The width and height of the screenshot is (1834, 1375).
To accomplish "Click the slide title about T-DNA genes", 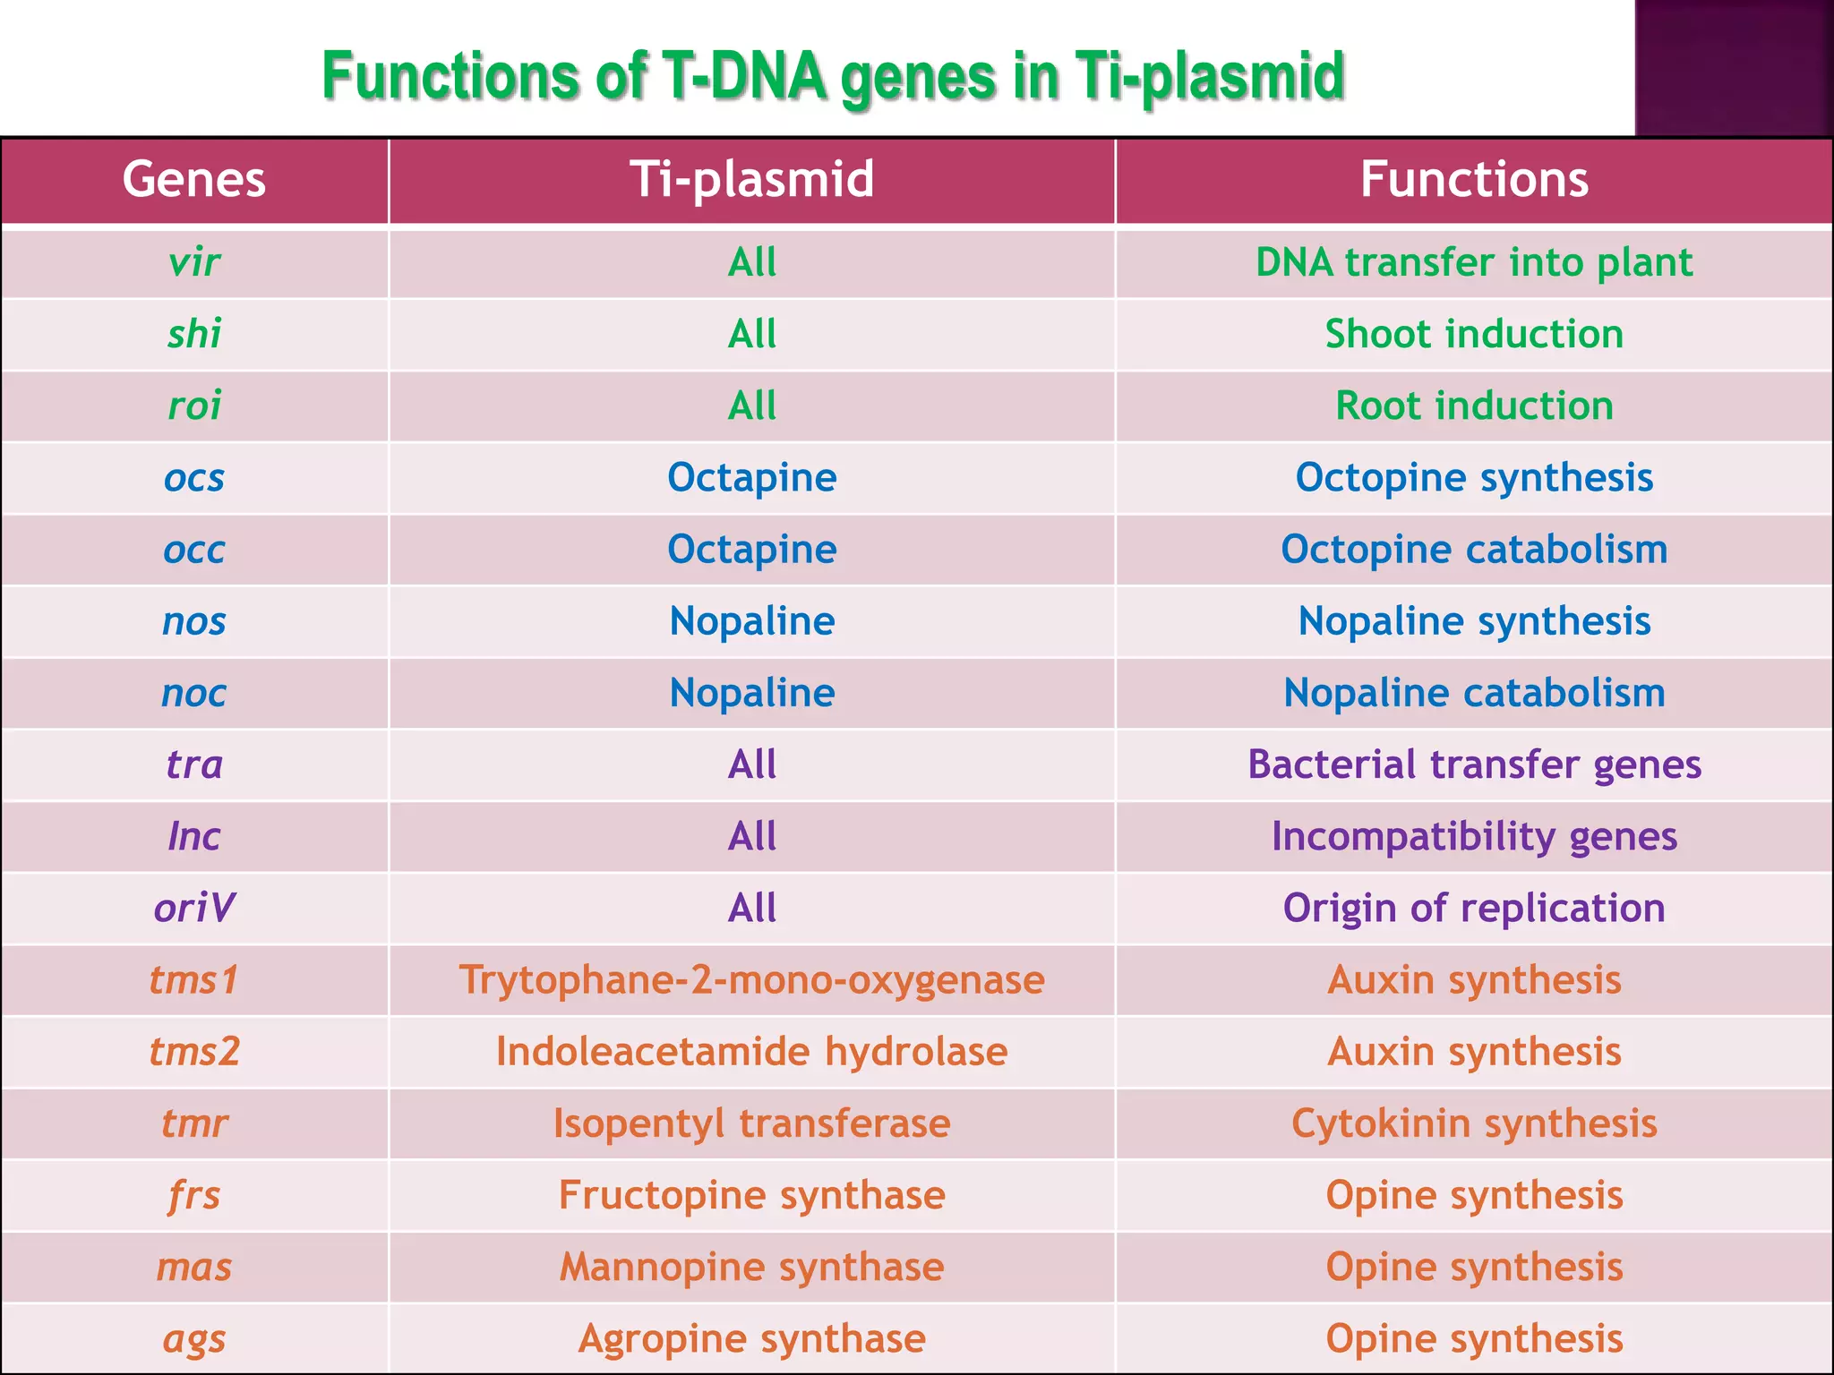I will click(x=833, y=77).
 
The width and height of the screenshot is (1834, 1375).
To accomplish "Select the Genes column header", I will click(x=194, y=179).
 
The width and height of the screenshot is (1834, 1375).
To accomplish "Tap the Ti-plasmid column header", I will click(x=752, y=179).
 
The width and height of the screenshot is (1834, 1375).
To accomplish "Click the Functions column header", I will click(x=1474, y=179).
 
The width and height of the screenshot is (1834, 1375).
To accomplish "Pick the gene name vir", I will click(x=194, y=262).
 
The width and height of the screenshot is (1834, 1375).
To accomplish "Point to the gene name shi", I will click(x=194, y=334).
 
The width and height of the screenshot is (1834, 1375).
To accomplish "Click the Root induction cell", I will click(x=1474, y=406).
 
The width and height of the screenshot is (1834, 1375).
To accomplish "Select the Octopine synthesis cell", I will click(x=1474, y=477).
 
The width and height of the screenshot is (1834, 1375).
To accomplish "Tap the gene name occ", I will click(x=194, y=549).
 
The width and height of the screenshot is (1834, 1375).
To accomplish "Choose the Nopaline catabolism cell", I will click(x=1474, y=693).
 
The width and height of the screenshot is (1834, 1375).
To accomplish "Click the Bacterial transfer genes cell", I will click(x=1474, y=764).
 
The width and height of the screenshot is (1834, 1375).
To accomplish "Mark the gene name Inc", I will click(x=194, y=836).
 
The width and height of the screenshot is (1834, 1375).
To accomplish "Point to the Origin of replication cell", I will click(x=1474, y=908).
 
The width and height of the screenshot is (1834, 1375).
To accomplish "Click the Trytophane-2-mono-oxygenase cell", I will click(x=752, y=980).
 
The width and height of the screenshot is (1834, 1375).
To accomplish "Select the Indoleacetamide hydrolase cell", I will click(x=752, y=1052).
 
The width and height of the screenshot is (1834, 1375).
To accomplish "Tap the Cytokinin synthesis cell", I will click(x=1474, y=1123).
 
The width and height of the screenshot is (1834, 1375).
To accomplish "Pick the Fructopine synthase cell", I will click(x=752, y=1195).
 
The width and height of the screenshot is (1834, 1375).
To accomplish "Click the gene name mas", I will click(x=194, y=1267).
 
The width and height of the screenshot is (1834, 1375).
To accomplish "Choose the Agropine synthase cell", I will click(x=752, y=1339).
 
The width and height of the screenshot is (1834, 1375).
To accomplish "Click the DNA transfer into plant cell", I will click(x=1474, y=262).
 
